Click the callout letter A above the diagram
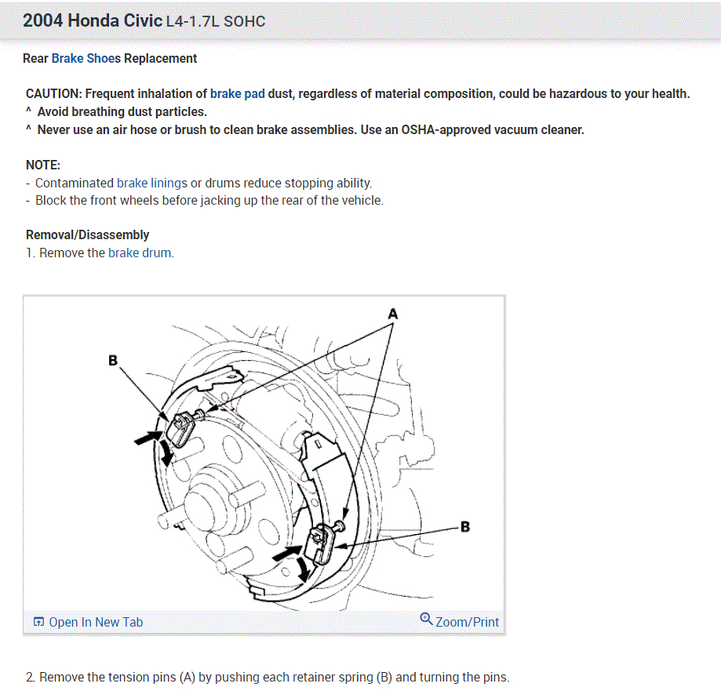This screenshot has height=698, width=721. (393, 314)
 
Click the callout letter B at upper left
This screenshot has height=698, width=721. (113, 361)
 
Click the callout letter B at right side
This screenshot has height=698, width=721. (465, 526)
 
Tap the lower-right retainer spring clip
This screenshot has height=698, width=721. (321, 543)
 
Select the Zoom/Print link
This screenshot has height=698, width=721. (467, 622)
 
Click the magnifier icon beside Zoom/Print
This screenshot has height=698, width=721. (426, 619)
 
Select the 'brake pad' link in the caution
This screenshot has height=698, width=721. (237, 94)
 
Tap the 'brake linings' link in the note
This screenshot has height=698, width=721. (152, 183)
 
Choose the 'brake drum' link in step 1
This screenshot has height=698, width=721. (140, 253)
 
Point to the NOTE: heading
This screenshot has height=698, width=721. (43, 165)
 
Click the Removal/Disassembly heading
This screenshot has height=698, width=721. (87, 234)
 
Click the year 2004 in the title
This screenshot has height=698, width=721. (42, 20)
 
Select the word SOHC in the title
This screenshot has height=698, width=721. (244, 21)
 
